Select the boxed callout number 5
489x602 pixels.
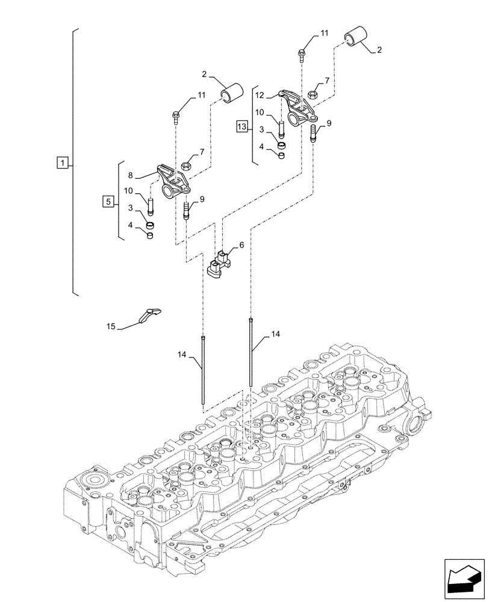tap(108, 202)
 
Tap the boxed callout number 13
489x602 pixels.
tap(242, 126)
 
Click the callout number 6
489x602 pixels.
tap(241, 246)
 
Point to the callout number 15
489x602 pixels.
tap(111, 326)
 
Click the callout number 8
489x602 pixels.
tap(130, 176)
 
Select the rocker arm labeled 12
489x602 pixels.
tap(296, 107)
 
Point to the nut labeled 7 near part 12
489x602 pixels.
tap(313, 94)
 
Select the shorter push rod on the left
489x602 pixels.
tap(205, 372)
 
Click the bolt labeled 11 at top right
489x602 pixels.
tap(301, 55)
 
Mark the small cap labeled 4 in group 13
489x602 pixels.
tap(280, 157)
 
